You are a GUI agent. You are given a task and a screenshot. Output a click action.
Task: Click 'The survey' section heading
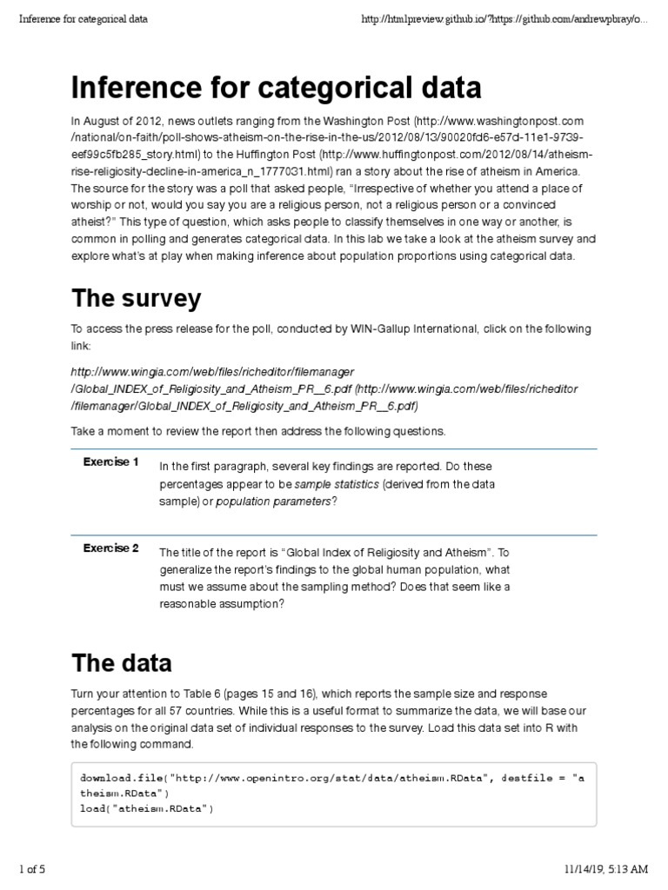[136, 299]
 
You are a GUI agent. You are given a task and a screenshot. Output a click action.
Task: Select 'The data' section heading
[121, 663]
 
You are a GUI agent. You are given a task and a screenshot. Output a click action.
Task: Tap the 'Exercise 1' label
[110, 462]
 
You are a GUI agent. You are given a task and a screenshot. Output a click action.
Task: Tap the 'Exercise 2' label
[110, 548]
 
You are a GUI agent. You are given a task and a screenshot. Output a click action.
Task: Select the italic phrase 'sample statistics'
[337, 484]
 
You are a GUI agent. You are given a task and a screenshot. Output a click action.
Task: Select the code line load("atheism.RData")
[146, 808]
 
